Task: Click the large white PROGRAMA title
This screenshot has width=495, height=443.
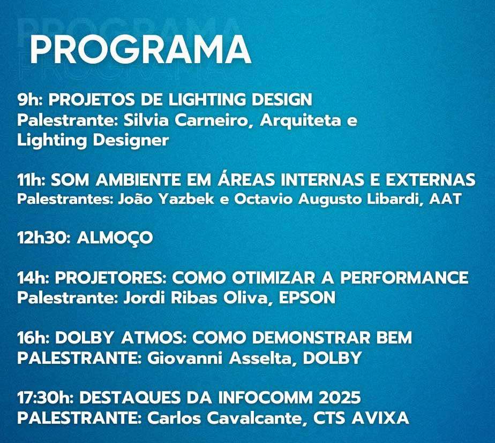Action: coord(140,50)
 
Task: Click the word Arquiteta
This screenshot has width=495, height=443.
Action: coord(301,121)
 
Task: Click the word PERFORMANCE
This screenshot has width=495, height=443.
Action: coord(404,278)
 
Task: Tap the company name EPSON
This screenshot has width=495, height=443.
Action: coord(307,297)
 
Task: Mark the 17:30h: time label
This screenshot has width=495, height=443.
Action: coord(46,398)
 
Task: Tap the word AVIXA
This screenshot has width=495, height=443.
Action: coord(380,418)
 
